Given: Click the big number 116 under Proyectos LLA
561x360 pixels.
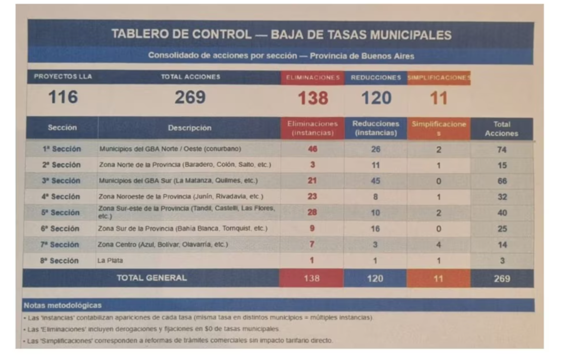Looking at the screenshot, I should tap(63, 97).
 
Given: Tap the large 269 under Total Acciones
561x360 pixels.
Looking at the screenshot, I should tap(190, 97).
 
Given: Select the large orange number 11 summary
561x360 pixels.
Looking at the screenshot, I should tap(438, 98).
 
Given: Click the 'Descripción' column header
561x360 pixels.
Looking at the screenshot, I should tap(189, 128).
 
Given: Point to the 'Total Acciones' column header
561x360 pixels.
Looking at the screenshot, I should tap(501, 129).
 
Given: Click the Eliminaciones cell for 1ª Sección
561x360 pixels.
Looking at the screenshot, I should tap(312, 149).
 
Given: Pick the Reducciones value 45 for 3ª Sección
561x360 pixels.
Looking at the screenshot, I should tap(375, 181).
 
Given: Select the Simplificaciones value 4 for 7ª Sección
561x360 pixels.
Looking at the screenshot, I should tap(438, 245).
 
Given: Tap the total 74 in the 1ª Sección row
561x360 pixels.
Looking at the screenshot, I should tap(502, 150).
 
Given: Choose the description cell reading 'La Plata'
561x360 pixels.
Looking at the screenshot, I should tap(110, 261).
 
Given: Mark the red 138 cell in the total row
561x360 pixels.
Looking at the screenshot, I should tap(312, 278).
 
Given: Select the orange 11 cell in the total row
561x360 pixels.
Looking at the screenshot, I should tap(438, 278).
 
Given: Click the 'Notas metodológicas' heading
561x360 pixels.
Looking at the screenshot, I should tap(63, 306).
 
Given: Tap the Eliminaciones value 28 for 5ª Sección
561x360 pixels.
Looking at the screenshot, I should tap(312, 212).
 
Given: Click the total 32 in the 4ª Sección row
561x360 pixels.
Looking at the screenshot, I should tap(502, 197).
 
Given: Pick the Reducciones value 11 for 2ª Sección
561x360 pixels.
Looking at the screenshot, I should tap(375, 165).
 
